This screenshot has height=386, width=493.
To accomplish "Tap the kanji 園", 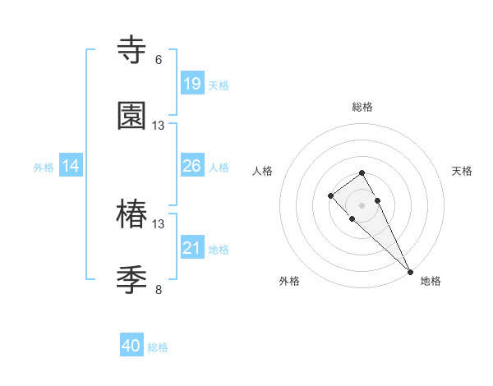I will [x=132, y=116].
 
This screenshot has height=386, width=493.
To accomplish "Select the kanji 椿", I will [x=132, y=214].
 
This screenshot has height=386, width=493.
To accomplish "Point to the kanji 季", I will [x=132, y=280].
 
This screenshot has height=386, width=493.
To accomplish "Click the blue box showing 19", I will [x=192, y=83].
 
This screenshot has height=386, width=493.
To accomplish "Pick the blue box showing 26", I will [x=192, y=166].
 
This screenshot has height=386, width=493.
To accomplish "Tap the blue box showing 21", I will [x=192, y=248].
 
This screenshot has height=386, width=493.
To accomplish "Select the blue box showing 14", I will [x=71, y=166].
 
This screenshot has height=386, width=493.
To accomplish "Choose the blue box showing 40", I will [x=131, y=347].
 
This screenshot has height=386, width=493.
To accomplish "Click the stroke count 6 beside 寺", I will [x=159, y=60].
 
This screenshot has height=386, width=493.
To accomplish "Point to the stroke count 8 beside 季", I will [x=159, y=290].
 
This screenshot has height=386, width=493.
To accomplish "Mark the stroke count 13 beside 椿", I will [x=159, y=224].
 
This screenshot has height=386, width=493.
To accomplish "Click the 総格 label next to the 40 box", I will [x=159, y=347].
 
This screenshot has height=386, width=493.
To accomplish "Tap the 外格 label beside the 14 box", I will [x=44, y=167].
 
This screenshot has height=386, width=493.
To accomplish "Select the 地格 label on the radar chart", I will [x=431, y=281].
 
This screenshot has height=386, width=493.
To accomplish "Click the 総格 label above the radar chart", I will [x=362, y=107].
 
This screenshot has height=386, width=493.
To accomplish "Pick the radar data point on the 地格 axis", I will [x=410, y=271].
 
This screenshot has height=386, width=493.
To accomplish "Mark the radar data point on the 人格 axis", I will [x=330, y=195].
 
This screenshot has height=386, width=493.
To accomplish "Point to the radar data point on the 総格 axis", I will [x=362, y=172].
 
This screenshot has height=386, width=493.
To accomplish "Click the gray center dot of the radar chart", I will [x=362, y=205].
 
